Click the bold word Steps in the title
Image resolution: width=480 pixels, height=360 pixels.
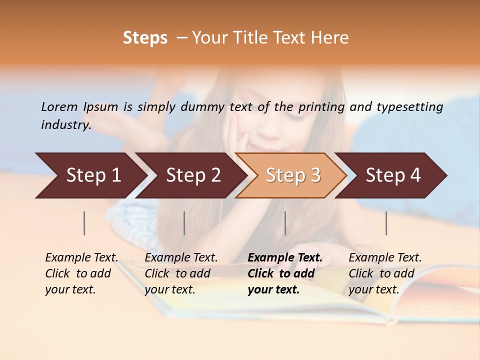145,38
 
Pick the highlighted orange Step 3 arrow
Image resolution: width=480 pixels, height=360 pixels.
293,175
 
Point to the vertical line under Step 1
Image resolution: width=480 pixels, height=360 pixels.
84,223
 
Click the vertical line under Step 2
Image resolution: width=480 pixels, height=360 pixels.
184,223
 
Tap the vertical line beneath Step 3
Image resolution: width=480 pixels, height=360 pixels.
285,223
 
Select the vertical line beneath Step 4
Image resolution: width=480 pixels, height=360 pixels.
386,223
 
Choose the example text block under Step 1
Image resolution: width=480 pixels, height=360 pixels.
81,273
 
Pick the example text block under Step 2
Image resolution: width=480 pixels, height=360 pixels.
181,273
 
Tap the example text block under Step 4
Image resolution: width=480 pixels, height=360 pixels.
385,273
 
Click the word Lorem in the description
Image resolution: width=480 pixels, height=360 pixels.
59,106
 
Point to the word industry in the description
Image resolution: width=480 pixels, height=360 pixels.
65,125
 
